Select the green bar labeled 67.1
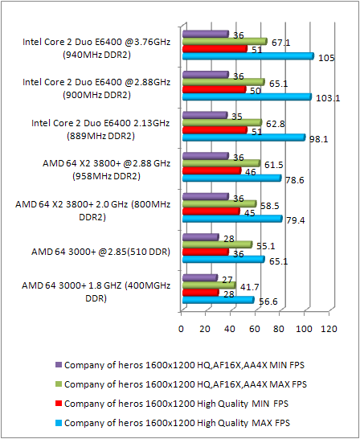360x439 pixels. coord(224,41)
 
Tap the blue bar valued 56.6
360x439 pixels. coord(218,300)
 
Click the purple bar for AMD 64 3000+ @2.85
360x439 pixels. coord(200,237)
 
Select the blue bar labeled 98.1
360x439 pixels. coord(243,137)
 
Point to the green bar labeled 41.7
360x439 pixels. coord(209,285)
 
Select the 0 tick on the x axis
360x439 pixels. coord(182,329)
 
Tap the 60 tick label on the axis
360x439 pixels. coord(255,329)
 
